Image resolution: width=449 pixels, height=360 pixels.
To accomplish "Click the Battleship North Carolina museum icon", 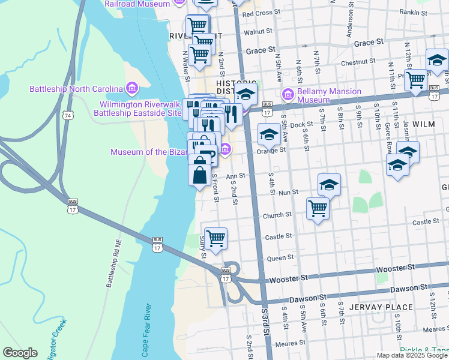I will [x=132, y=89].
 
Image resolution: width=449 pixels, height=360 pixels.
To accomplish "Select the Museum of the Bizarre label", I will [x=148, y=152].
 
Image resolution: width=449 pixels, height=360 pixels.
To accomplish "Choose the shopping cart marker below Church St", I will [x=317, y=209].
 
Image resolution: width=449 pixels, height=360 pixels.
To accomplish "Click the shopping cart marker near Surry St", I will [x=215, y=238].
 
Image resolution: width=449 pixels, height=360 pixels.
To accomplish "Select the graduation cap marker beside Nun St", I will [x=328, y=185].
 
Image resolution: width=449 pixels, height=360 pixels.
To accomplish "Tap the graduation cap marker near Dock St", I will [x=268, y=135].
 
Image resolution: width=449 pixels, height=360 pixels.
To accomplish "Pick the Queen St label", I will [x=280, y=257].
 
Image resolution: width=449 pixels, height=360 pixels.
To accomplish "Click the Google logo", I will [x=20, y=353].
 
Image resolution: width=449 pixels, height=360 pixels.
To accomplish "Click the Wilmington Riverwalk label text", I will [x=140, y=108].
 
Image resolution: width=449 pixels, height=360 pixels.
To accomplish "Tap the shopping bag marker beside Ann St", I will [x=199, y=175].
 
